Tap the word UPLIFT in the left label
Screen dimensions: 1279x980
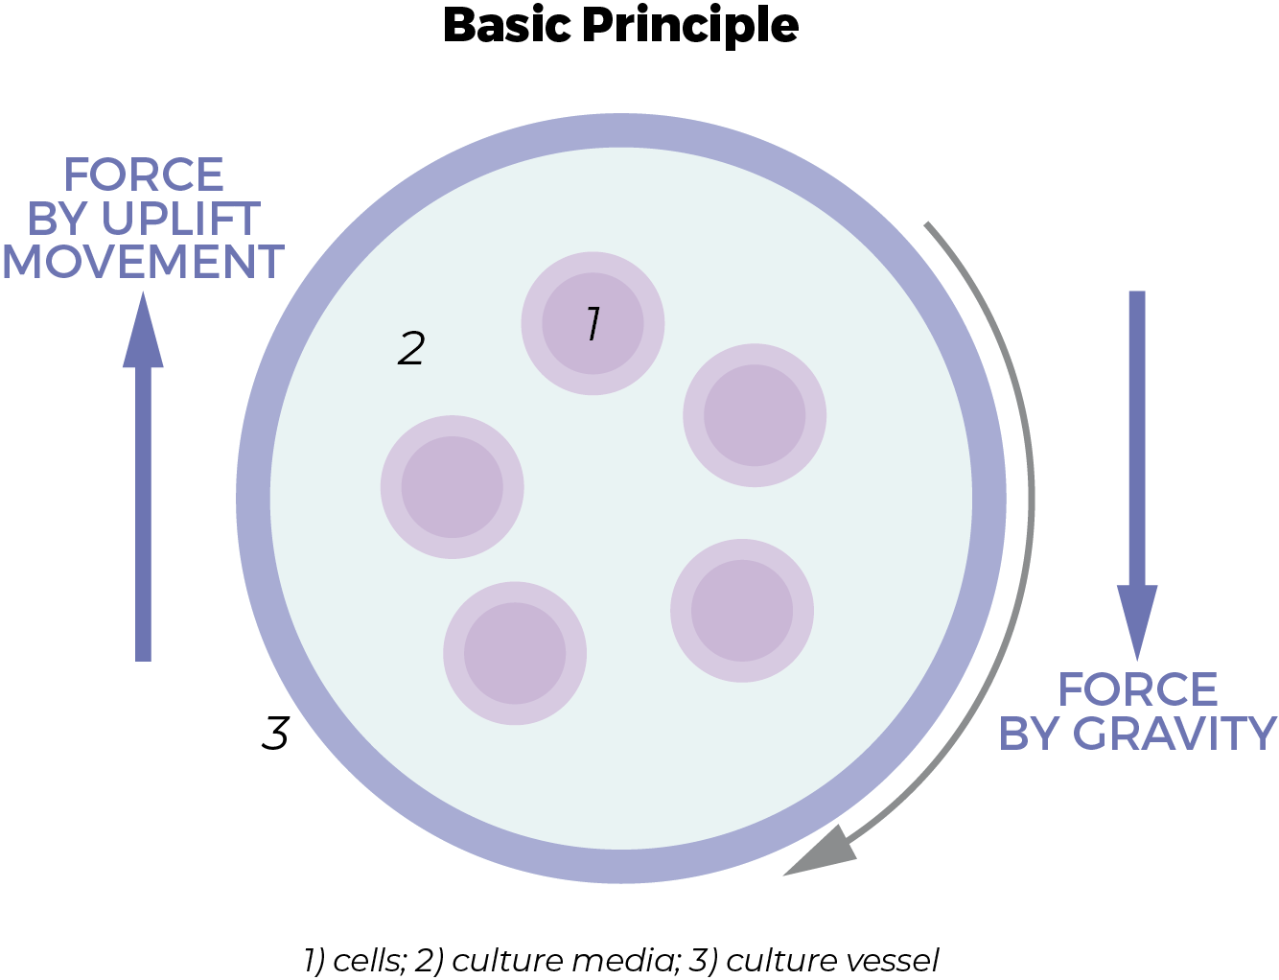(x=180, y=219)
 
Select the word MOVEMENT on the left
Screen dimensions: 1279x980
(x=144, y=262)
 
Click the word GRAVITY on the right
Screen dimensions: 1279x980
(x=1174, y=734)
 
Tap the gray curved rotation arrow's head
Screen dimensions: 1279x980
(x=820, y=852)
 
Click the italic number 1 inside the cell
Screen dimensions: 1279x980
(x=593, y=323)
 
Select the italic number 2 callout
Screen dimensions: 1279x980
(x=411, y=348)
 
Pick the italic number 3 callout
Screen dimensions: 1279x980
(x=275, y=733)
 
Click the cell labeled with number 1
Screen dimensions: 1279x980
(x=593, y=323)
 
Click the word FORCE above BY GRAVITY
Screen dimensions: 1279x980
(x=1138, y=689)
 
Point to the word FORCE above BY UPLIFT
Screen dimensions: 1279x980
(x=144, y=175)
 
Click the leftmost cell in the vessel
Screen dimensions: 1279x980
(x=452, y=487)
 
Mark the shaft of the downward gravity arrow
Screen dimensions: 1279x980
(x=1137, y=438)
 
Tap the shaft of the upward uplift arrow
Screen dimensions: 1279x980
(x=143, y=514)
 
